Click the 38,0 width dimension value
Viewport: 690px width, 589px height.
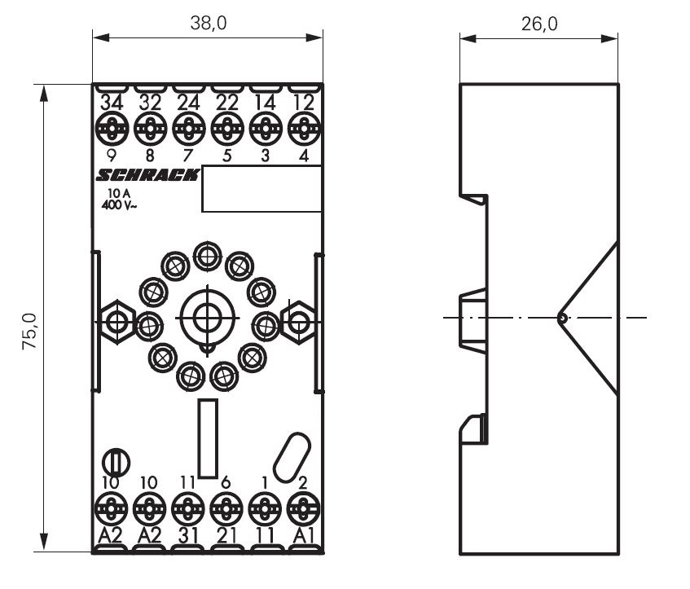point(209,24)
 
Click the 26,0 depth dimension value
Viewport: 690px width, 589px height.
point(539,24)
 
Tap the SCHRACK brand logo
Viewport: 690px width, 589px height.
point(147,175)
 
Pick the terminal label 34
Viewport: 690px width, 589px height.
point(111,104)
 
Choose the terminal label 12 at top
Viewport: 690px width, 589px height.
point(303,104)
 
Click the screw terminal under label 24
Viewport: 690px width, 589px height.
point(188,128)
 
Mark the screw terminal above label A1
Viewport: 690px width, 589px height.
point(302,510)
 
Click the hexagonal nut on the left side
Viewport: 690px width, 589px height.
point(116,322)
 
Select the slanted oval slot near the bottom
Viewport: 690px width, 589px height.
point(290,458)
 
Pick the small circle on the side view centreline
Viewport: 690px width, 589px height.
point(562,318)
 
